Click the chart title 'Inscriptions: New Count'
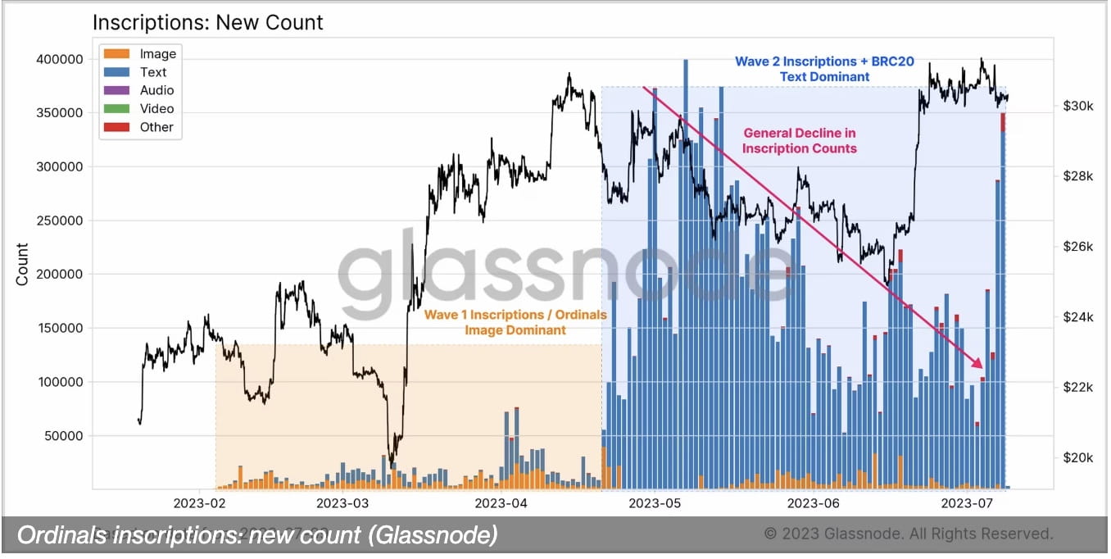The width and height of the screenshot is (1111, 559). coord(207,22)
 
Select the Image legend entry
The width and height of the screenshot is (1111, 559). coord(157,54)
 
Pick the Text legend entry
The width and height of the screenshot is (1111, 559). coord(153,72)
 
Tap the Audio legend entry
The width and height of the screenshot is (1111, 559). coord(156,90)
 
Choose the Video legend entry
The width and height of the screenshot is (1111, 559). coord(156,108)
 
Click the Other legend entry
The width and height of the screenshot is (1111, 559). coord(156,127)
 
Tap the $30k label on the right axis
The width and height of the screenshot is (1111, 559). coord(1076,107)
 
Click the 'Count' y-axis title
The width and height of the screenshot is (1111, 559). coord(22,264)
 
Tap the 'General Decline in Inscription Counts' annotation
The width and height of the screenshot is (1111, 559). coord(799,140)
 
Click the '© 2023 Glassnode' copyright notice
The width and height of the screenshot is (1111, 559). coord(908,534)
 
